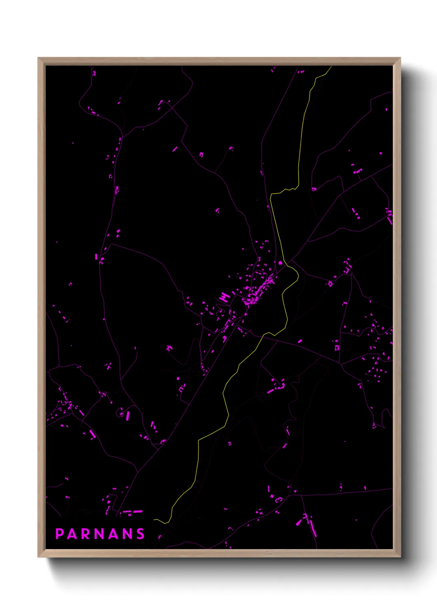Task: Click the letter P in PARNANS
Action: pyautogui.click(x=59, y=534)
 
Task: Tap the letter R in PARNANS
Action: pyautogui.click(x=86, y=534)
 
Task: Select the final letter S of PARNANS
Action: pyautogui.click(x=141, y=534)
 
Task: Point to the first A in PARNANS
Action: pyautogui.click(x=72, y=534)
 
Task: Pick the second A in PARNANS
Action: pyautogui.click(x=114, y=534)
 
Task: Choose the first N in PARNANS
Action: pyautogui.click(x=100, y=534)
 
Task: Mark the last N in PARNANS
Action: pyautogui.click(x=128, y=534)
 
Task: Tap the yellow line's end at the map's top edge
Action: pyautogui.click(x=331, y=66)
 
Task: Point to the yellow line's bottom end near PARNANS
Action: pyautogui.click(x=155, y=519)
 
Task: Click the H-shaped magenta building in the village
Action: pyautogui.click(x=225, y=297)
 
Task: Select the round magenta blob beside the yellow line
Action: pyautogui.click(x=280, y=263)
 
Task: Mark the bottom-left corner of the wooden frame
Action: pyautogui.click(x=39, y=556)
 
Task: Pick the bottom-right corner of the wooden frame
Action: pyautogui.click(x=399, y=556)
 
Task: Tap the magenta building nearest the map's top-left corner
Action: pyautogui.click(x=94, y=73)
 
